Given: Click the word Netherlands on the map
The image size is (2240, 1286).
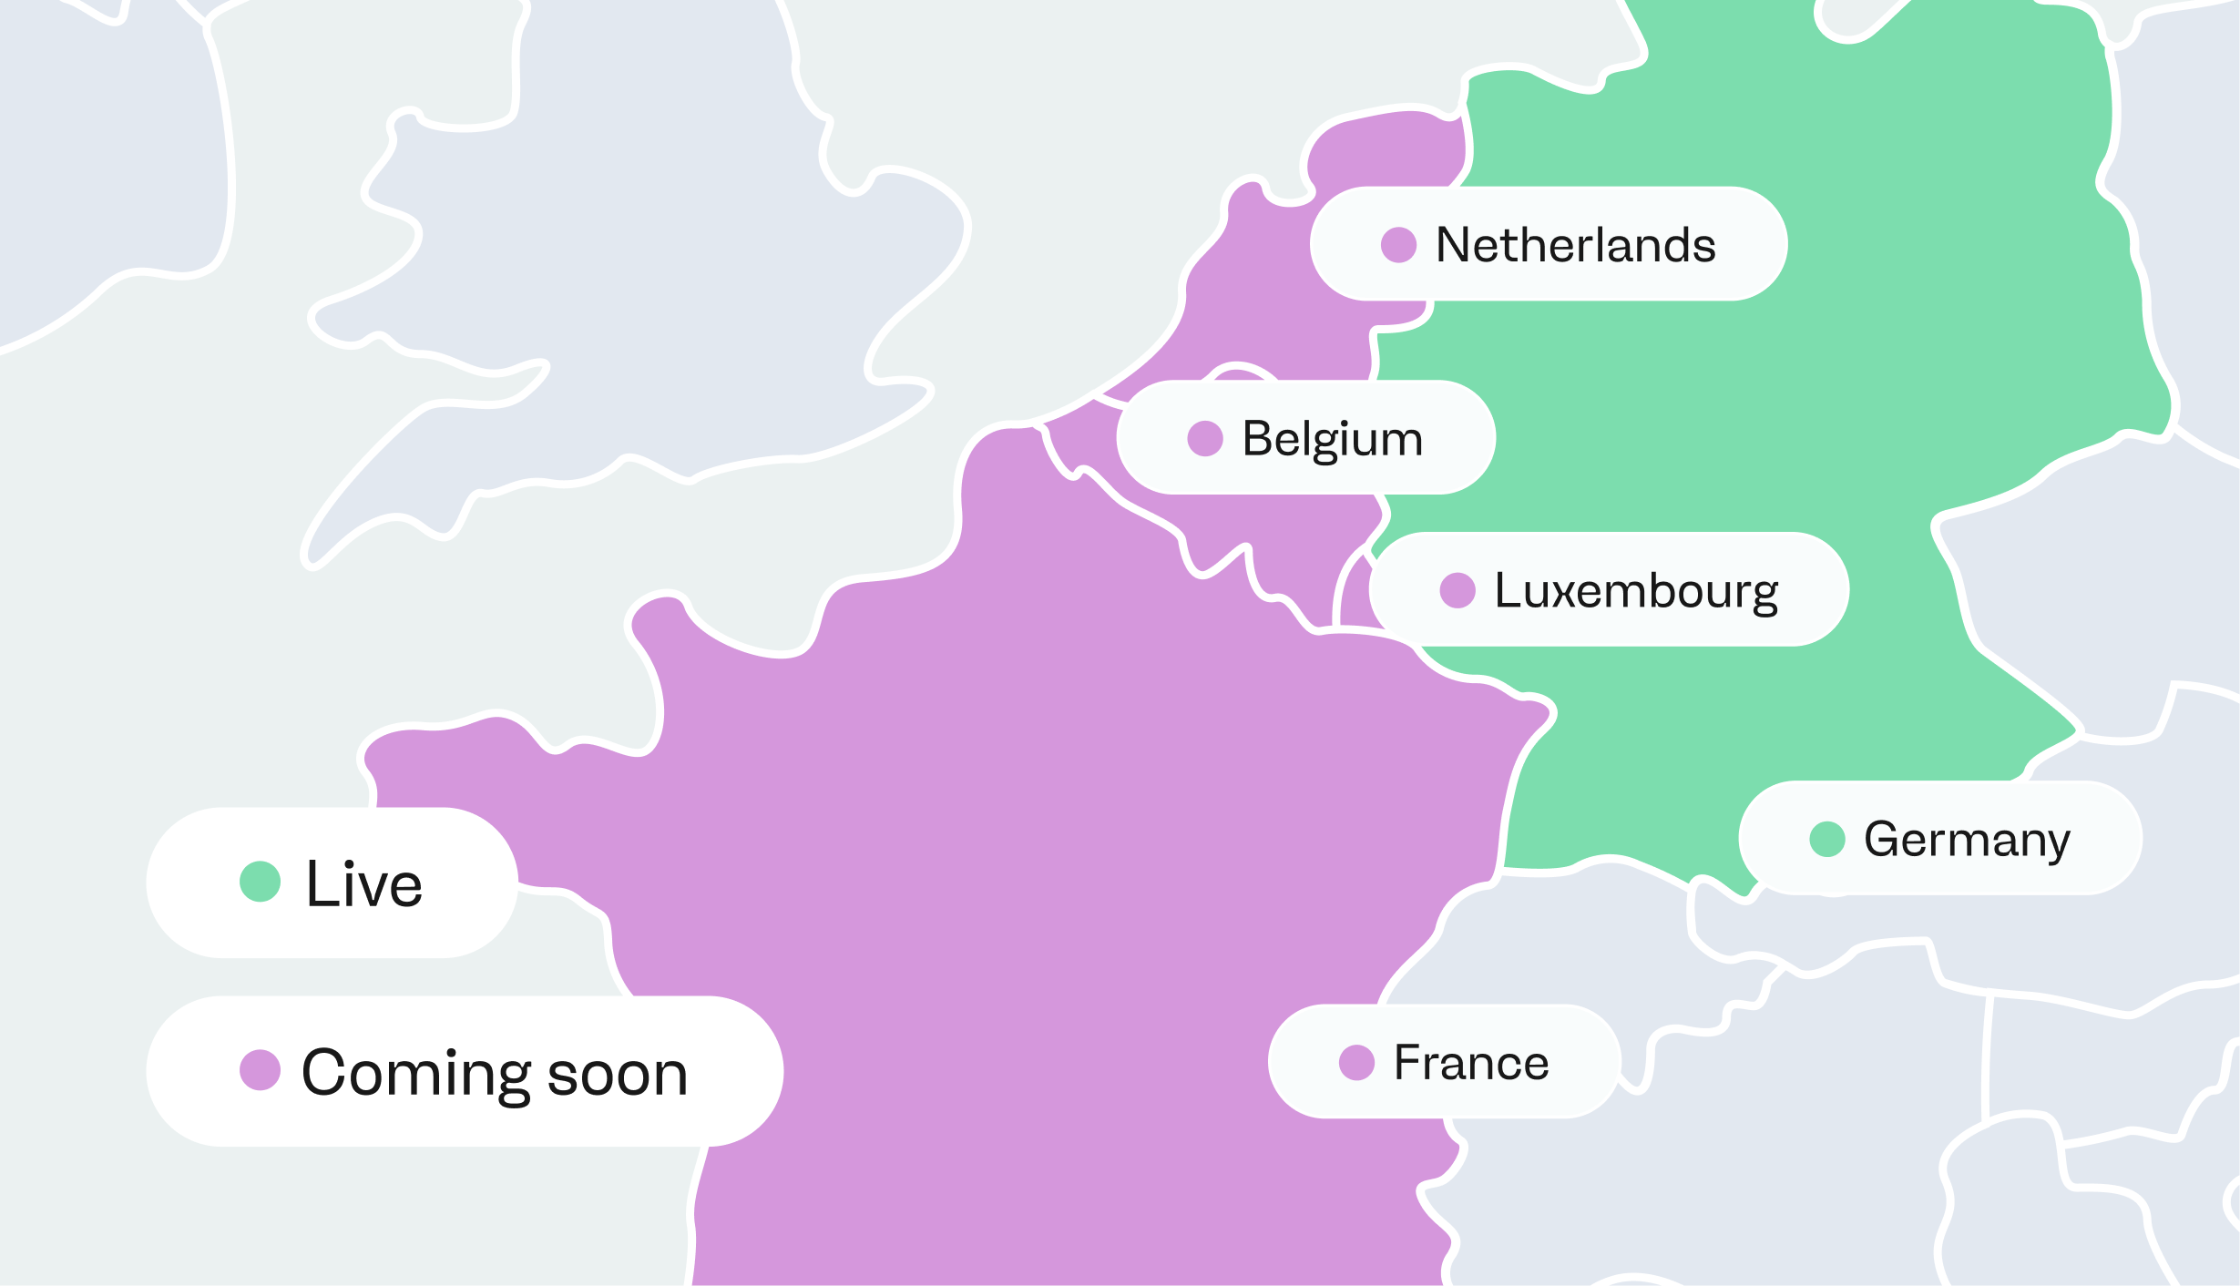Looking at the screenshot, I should coord(1575,245).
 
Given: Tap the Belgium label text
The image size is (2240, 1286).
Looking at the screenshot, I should coord(1332,439).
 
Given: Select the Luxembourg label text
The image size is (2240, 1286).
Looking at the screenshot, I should coord(1636,591).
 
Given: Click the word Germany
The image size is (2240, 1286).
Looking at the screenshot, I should coord(1967,840).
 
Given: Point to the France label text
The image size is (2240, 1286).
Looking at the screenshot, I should coord(1471,1063).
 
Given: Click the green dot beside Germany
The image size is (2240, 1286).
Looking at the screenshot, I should coord(1826,839).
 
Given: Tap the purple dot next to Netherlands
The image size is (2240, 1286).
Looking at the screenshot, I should coord(1398,244).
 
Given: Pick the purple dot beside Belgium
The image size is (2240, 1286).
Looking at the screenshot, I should coord(1204,438).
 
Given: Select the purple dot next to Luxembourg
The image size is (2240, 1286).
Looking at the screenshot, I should coord(1457,590).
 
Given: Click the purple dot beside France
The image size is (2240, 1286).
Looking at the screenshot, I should coord(1356,1062).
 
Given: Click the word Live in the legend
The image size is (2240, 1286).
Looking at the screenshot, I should coord(364,884).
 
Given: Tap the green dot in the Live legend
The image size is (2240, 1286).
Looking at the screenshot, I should coord(260,882).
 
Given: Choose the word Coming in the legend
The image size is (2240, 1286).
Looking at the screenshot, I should coord(416,1073).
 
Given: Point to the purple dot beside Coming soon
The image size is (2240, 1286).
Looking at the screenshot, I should coord(260,1069).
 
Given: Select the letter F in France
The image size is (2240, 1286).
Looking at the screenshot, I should coord(1406,1063).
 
